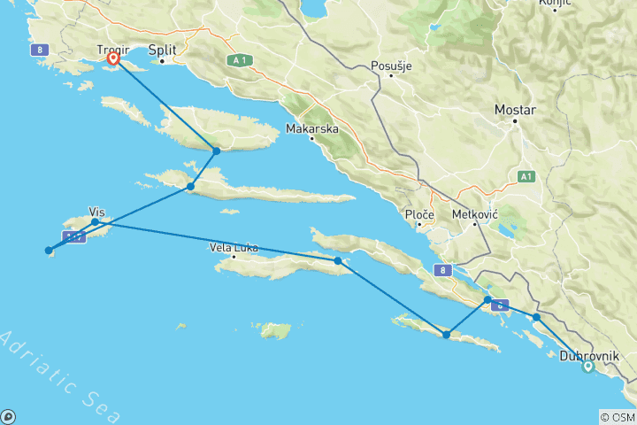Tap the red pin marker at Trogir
113,59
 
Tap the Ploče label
418,215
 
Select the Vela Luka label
234,248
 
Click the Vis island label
97,212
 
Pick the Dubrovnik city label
591,355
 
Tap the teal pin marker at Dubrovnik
587,368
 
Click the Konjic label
560,4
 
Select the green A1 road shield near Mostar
526,177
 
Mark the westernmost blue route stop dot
49,251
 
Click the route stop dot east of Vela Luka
338,261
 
